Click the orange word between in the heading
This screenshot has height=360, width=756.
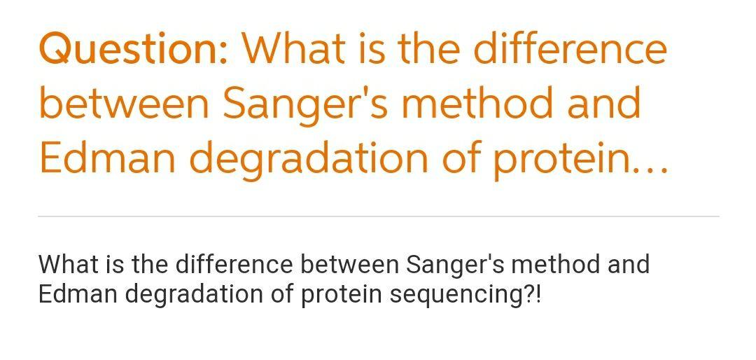[x=124, y=103]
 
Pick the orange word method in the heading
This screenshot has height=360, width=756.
[x=477, y=103]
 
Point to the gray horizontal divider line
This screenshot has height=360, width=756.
[x=379, y=216]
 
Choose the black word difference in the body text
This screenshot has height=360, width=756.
[x=234, y=264]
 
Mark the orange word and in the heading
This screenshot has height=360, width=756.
[x=603, y=103]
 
